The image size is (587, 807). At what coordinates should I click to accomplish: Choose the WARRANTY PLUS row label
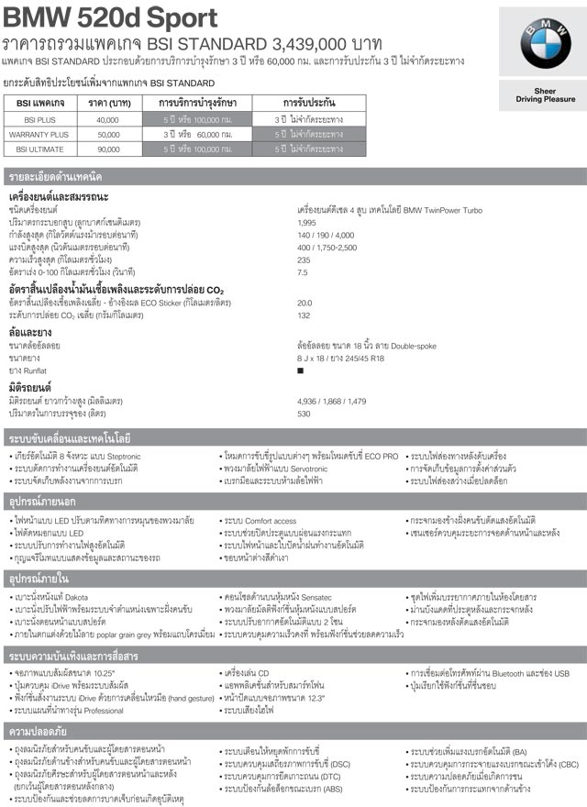tap(39, 134)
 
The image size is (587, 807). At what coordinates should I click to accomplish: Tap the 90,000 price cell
tap(107, 148)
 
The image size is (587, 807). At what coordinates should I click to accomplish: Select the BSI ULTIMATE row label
tap(39, 148)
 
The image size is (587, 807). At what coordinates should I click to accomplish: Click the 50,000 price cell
tap(107, 134)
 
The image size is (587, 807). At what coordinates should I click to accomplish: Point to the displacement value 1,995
tap(307, 223)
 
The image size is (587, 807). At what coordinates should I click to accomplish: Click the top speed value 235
tap(304, 260)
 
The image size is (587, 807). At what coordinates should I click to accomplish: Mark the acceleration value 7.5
tap(303, 272)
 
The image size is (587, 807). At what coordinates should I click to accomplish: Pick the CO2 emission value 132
tap(304, 315)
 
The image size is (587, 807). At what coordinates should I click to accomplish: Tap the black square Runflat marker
tap(300, 370)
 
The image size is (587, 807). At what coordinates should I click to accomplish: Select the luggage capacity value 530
tap(304, 413)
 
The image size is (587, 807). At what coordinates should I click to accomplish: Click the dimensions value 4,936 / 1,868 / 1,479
tap(331, 401)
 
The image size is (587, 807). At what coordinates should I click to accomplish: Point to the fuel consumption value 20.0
tap(305, 302)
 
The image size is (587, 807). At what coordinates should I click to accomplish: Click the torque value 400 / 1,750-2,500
tap(327, 248)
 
